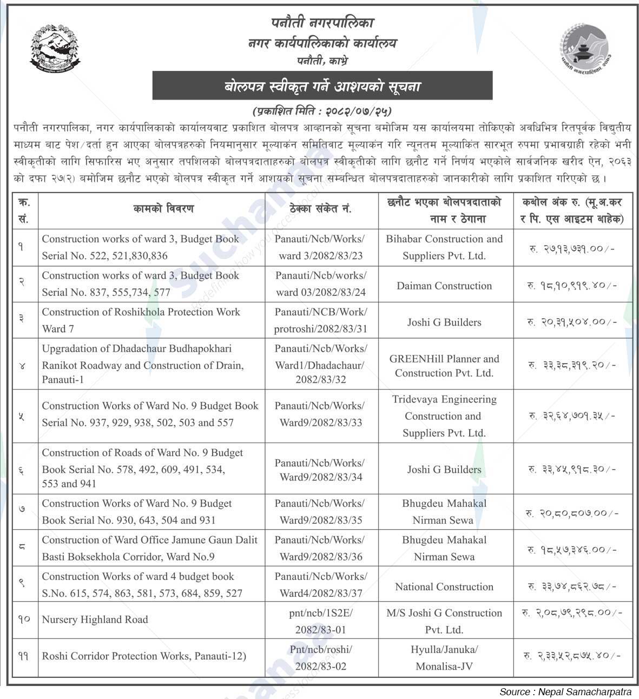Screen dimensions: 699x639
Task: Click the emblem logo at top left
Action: pos(55,49)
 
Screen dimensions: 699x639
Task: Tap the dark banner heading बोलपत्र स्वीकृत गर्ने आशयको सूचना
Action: pos(322,86)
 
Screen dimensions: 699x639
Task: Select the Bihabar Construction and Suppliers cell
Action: pos(444,247)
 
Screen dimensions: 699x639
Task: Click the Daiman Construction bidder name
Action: pos(444,286)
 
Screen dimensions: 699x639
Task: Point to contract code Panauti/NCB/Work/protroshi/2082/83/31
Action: pos(320,320)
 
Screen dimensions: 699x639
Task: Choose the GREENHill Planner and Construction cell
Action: pos(444,366)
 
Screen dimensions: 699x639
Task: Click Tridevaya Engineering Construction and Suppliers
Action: pos(444,416)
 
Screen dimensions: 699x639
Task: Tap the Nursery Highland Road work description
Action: pos(95,620)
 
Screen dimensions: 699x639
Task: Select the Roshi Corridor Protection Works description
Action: pos(144,656)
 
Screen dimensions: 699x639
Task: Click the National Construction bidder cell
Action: pos(444,587)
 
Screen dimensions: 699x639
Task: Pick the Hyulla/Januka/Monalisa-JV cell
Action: pos(444,658)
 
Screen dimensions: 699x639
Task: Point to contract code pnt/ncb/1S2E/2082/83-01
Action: pos(320,621)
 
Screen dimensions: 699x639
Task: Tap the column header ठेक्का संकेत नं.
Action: pos(320,208)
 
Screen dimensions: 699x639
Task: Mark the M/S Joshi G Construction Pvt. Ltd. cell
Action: pos(444,621)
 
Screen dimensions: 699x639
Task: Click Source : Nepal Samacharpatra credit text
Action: pos(565,692)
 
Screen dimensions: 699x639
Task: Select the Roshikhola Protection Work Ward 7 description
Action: pos(141,320)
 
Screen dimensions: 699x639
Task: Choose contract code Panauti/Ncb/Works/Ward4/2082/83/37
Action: pos(320,585)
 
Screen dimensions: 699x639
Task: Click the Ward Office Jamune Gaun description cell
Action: pos(149,548)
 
